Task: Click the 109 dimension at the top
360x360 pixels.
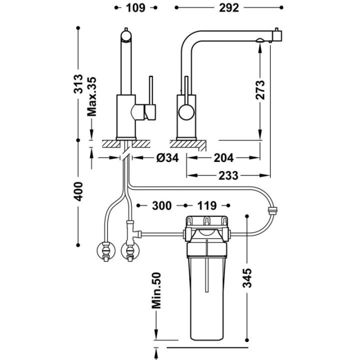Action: pos(135,8)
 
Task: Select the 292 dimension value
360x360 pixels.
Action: pos(229,8)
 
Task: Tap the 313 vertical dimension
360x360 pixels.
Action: pos(78,84)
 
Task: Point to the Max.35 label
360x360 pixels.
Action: pos(91,96)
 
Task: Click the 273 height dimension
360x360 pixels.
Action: pos(260,90)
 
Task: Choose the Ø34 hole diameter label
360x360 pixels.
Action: pos(167,157)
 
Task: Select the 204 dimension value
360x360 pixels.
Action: pos(223,157)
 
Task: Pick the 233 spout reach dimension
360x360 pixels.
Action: pos(228,175)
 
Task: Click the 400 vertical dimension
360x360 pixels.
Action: pos(78,191)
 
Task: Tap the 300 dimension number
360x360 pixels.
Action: pos(161,205)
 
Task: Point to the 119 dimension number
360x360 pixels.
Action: pos(207,205)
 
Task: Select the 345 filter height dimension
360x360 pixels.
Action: pos(247,278)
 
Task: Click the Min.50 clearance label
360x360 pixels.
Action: pos(156,290)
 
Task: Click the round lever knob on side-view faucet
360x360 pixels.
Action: pos(186,111)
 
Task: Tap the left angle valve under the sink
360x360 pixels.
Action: pos(106,251)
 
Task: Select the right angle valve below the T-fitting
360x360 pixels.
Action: pos(130,251)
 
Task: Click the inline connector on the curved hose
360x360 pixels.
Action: pos(272,210)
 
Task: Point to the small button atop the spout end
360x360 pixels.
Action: pos(276,30)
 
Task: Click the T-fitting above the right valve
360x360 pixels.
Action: pos(132,231)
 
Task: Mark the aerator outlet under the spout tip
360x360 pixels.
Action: pos(260,40)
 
